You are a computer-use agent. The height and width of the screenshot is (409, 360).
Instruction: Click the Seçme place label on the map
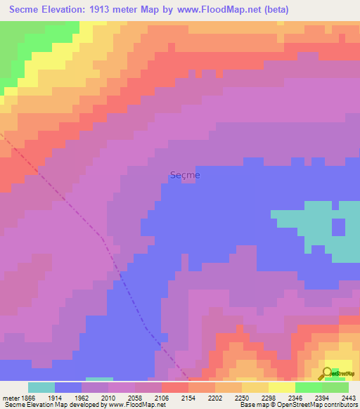pos(185,175)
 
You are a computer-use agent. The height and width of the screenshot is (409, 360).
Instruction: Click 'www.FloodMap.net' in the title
pos(212,10)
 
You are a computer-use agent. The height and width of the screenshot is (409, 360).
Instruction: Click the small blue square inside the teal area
pos(338,227)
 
